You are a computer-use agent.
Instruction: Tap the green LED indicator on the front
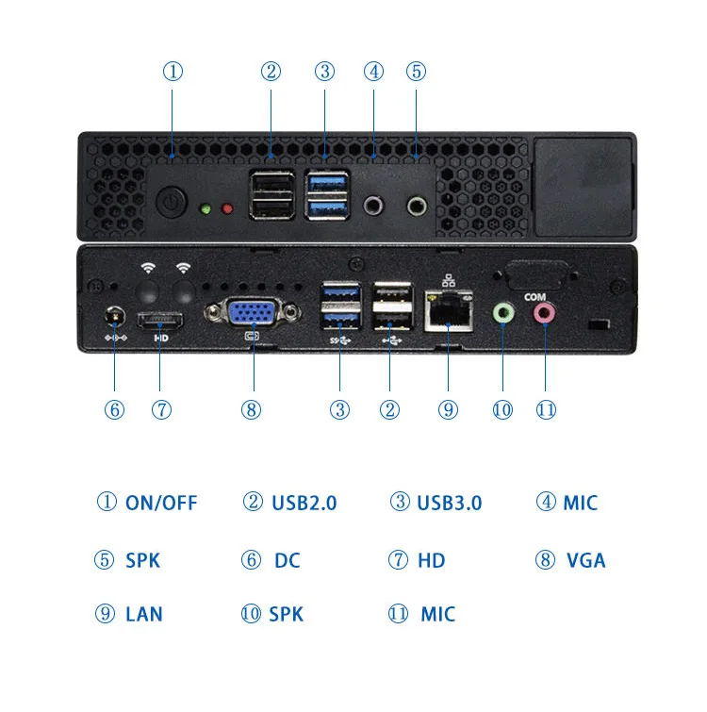206,208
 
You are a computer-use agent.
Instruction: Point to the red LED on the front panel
226,208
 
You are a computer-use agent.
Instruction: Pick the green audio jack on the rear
504,312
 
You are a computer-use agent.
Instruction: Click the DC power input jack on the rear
115,315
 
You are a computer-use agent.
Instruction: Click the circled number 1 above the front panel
173,72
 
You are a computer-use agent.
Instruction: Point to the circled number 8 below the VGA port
251,409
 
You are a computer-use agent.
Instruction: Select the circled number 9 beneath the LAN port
448,409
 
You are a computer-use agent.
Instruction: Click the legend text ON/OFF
161,503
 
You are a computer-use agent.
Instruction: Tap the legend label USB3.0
449,503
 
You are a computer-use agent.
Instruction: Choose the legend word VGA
585,560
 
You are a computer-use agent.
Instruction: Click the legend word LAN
143,615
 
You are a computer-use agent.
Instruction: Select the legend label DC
287,560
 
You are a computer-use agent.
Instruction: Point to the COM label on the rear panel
534,296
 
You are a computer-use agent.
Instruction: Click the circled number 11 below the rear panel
546,409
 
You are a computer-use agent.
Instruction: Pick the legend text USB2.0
304,503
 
